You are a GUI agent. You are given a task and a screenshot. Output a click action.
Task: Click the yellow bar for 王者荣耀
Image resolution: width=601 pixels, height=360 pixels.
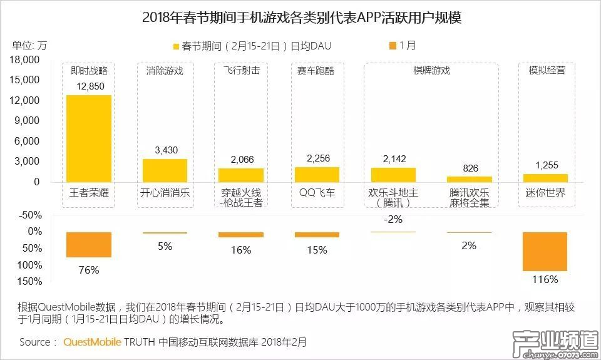click(89, 138)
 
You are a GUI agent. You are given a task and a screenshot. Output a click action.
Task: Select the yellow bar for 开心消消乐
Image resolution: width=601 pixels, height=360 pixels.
click(165, 170)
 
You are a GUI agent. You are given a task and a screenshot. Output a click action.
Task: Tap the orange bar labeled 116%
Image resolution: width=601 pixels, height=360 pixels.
click(545, 252)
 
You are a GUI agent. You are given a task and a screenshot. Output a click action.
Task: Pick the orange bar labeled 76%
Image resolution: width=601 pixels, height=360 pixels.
click(89, 245)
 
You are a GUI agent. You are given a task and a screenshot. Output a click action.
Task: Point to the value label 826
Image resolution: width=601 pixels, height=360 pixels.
click(470, 168)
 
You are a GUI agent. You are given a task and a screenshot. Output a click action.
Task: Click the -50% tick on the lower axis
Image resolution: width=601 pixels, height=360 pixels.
click(31, 215)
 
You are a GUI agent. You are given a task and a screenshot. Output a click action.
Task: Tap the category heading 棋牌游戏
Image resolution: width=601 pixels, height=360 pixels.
click(432, 71)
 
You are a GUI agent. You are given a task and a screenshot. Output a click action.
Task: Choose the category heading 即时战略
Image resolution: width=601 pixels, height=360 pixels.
click(89, 71)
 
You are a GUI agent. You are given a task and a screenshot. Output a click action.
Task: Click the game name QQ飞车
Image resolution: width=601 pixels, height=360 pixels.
click(317, 193)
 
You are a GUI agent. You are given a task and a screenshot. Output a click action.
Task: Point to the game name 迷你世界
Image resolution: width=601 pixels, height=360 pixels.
click(546, 193)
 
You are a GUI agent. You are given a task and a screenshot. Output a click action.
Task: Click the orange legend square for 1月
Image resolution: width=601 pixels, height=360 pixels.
click(392, 46)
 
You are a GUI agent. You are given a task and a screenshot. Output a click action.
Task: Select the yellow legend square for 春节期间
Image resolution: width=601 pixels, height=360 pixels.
click(176, 46)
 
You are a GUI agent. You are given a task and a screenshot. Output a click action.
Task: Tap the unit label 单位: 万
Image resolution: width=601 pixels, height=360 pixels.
click(29, 46)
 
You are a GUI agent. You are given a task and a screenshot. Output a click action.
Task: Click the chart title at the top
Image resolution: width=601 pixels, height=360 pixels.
click(301, 17)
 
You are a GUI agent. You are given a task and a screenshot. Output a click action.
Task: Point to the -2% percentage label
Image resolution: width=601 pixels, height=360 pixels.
click(394, 220)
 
